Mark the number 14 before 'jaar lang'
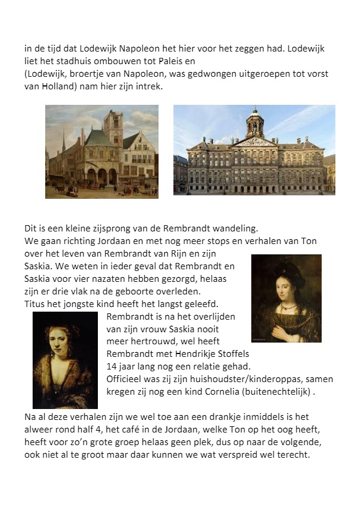112,367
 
